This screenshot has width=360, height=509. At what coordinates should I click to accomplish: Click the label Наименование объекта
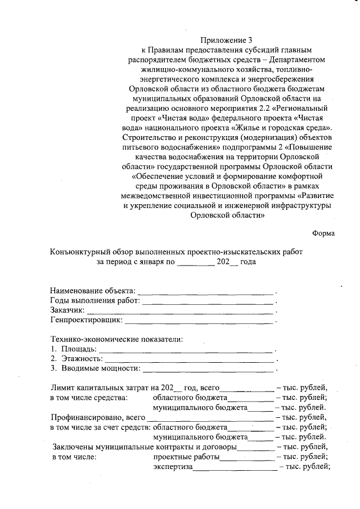93,291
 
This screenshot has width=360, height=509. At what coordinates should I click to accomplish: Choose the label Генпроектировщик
86,320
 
